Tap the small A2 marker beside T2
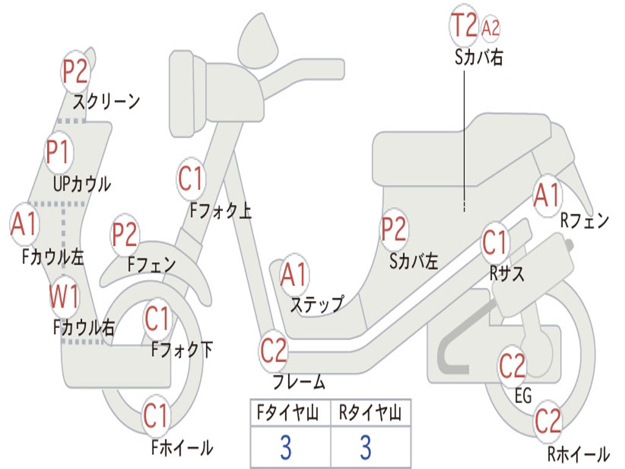(490, 28)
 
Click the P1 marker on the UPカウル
(59, 152)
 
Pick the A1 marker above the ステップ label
(294, 275)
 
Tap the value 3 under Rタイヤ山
(366, 448)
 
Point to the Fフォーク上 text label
(220, 210)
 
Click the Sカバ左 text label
(413, 261)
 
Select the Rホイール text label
(579, 454)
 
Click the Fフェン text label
(151, 264)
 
